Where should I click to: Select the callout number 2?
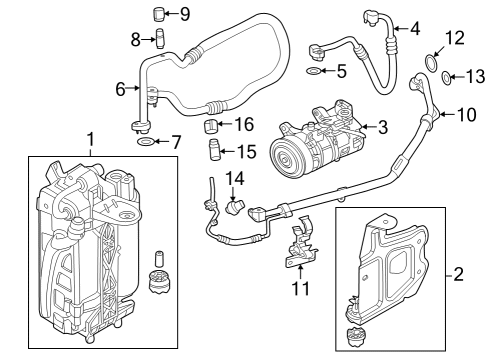tap(458, 273)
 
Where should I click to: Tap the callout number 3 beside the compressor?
tap(381, 126)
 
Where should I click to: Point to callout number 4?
tap(415, 28)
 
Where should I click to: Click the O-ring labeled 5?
tap(314, 73)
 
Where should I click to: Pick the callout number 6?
tap(120, 89)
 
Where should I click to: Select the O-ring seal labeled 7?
tap(145, 144)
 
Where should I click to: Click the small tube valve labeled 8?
tap(157, 41)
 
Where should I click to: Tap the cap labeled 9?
tap(157, 13)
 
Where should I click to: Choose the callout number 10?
tap(467, 114)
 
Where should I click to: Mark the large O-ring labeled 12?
tap(430, 65)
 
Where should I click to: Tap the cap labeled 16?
tap(212, 127)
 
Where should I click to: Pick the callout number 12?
tap(455, 39)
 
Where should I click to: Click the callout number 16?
tap(244, 125)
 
